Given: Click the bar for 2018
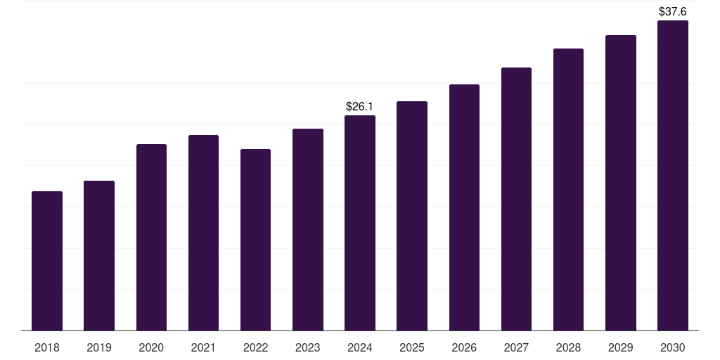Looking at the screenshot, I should click(x=47, y=261).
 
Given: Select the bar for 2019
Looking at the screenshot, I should click(x=99, y=256).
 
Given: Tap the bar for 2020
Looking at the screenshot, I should click(x=151, y=238).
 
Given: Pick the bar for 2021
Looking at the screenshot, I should click(x=203, y=233).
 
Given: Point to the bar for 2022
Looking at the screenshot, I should click(x=255, y=240).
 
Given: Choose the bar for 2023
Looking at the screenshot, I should click(x=308, y=230).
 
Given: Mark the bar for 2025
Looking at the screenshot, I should click(x=412, y=216).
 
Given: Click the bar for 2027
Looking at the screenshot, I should click(x=516, y=199).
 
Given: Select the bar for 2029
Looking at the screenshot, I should click(x=621, y=183).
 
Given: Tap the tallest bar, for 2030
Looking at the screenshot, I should click(x=673, y=176).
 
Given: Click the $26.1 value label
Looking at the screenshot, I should click(x=359, y=106).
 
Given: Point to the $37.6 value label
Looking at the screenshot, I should click(x=673, y=11).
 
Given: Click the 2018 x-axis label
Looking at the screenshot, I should click(x=47, y=347).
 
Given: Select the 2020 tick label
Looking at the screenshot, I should click(x=151, y=347).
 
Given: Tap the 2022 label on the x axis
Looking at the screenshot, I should click(x=255, y=347).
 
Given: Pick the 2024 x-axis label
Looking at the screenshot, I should click(x=360, y=347).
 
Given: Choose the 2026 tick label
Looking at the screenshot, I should click(x=464, y=347).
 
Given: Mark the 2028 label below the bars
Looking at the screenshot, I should click(x=568, y=347).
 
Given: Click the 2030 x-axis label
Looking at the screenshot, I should click(x=673, y=347).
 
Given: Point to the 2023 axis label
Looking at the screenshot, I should click(x=308, y=347).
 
